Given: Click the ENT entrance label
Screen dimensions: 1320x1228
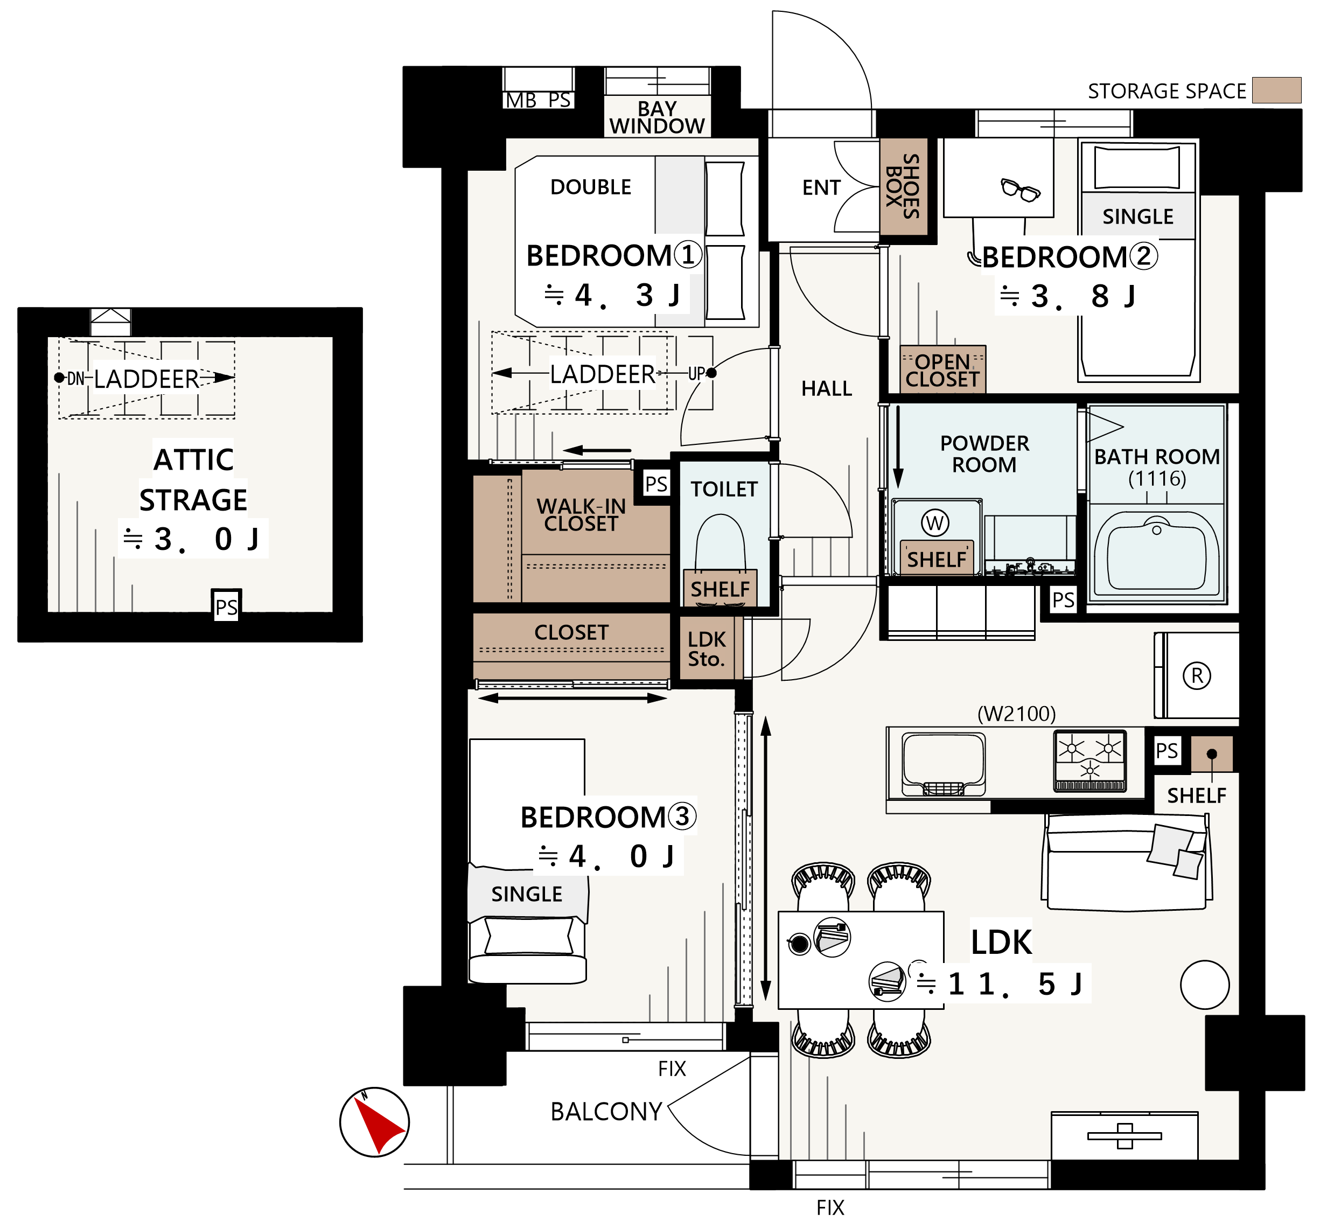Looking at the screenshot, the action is pyautogui.click(x=821, y=188).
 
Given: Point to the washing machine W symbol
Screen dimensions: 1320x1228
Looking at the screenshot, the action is pyautogui.click(x=935, y=524).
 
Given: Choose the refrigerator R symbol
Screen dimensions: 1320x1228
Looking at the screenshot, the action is pyautogui.click(x=1197, y=676).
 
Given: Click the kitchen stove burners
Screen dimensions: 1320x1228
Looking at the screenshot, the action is pyautogui.click(x=1089, y=761).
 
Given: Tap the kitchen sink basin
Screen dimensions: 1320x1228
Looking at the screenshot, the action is pyautogui.click(x=943, y=764).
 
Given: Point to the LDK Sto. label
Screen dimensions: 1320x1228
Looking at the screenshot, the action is pyautogui.click(x=706, y=649).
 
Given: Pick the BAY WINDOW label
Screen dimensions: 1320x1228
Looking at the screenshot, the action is pyautogui.click(x=656, y=117).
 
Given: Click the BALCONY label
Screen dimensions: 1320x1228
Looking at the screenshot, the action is pyautogui.click(x=606, y=1112).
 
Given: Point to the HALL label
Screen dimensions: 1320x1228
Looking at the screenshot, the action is pyautogui.click(x=826, y=388).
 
